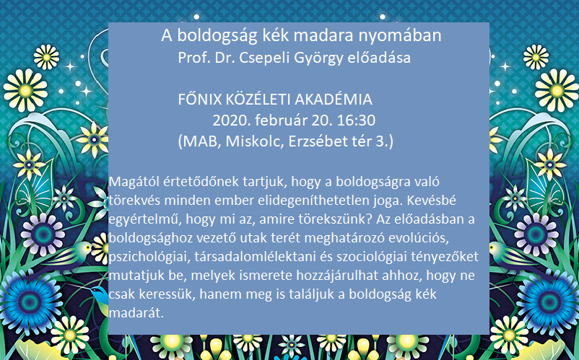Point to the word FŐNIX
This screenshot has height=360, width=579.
click(x=200, y=100)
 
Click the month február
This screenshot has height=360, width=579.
click(x=282, y=120)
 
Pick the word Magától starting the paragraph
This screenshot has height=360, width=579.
click(x=131, y=183)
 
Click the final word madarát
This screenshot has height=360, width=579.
click(x=136, y=313)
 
